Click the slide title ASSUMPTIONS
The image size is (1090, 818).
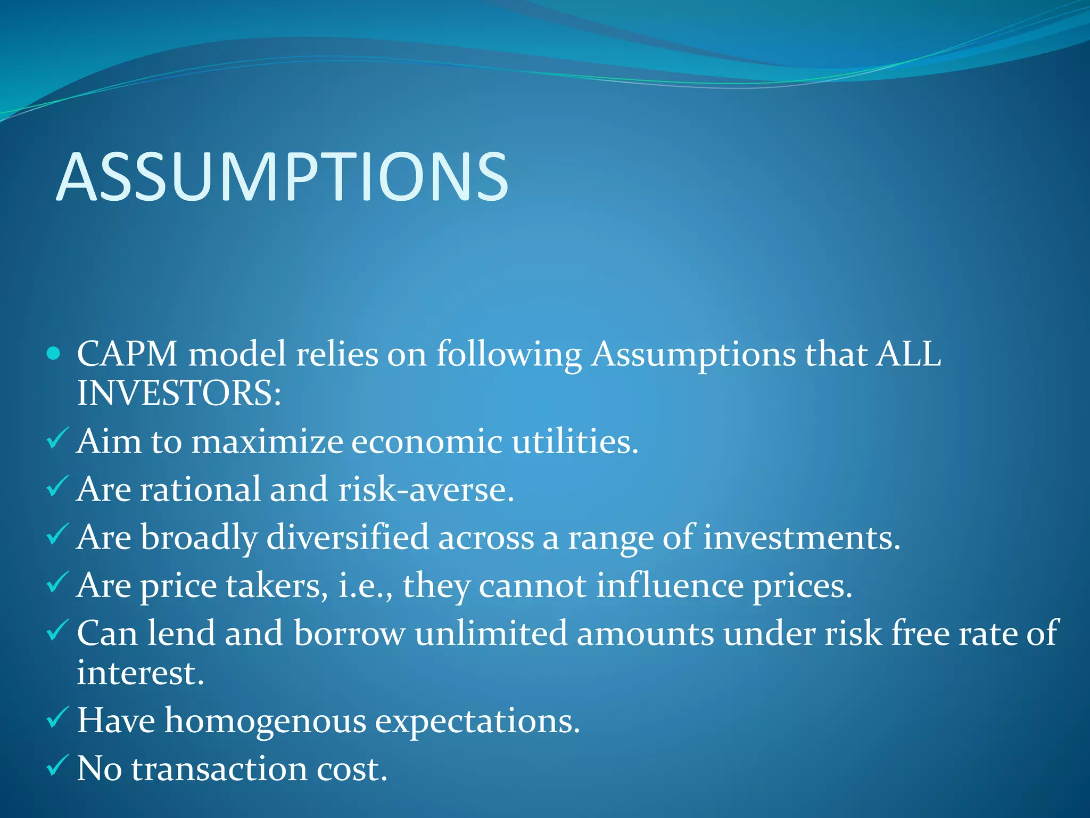[x=282, y=177]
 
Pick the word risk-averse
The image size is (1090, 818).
[x=426, y=489]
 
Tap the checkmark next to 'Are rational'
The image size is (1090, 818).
[x=56, y=486]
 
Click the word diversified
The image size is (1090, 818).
[x=347, y=537]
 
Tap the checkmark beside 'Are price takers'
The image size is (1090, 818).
[x=56, y=582]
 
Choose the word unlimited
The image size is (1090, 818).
[x=491, y=633]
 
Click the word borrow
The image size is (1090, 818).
[x=349, y=633]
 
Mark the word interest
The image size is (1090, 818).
[x=140, y=673]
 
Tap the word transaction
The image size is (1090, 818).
[x=219, y=769]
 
